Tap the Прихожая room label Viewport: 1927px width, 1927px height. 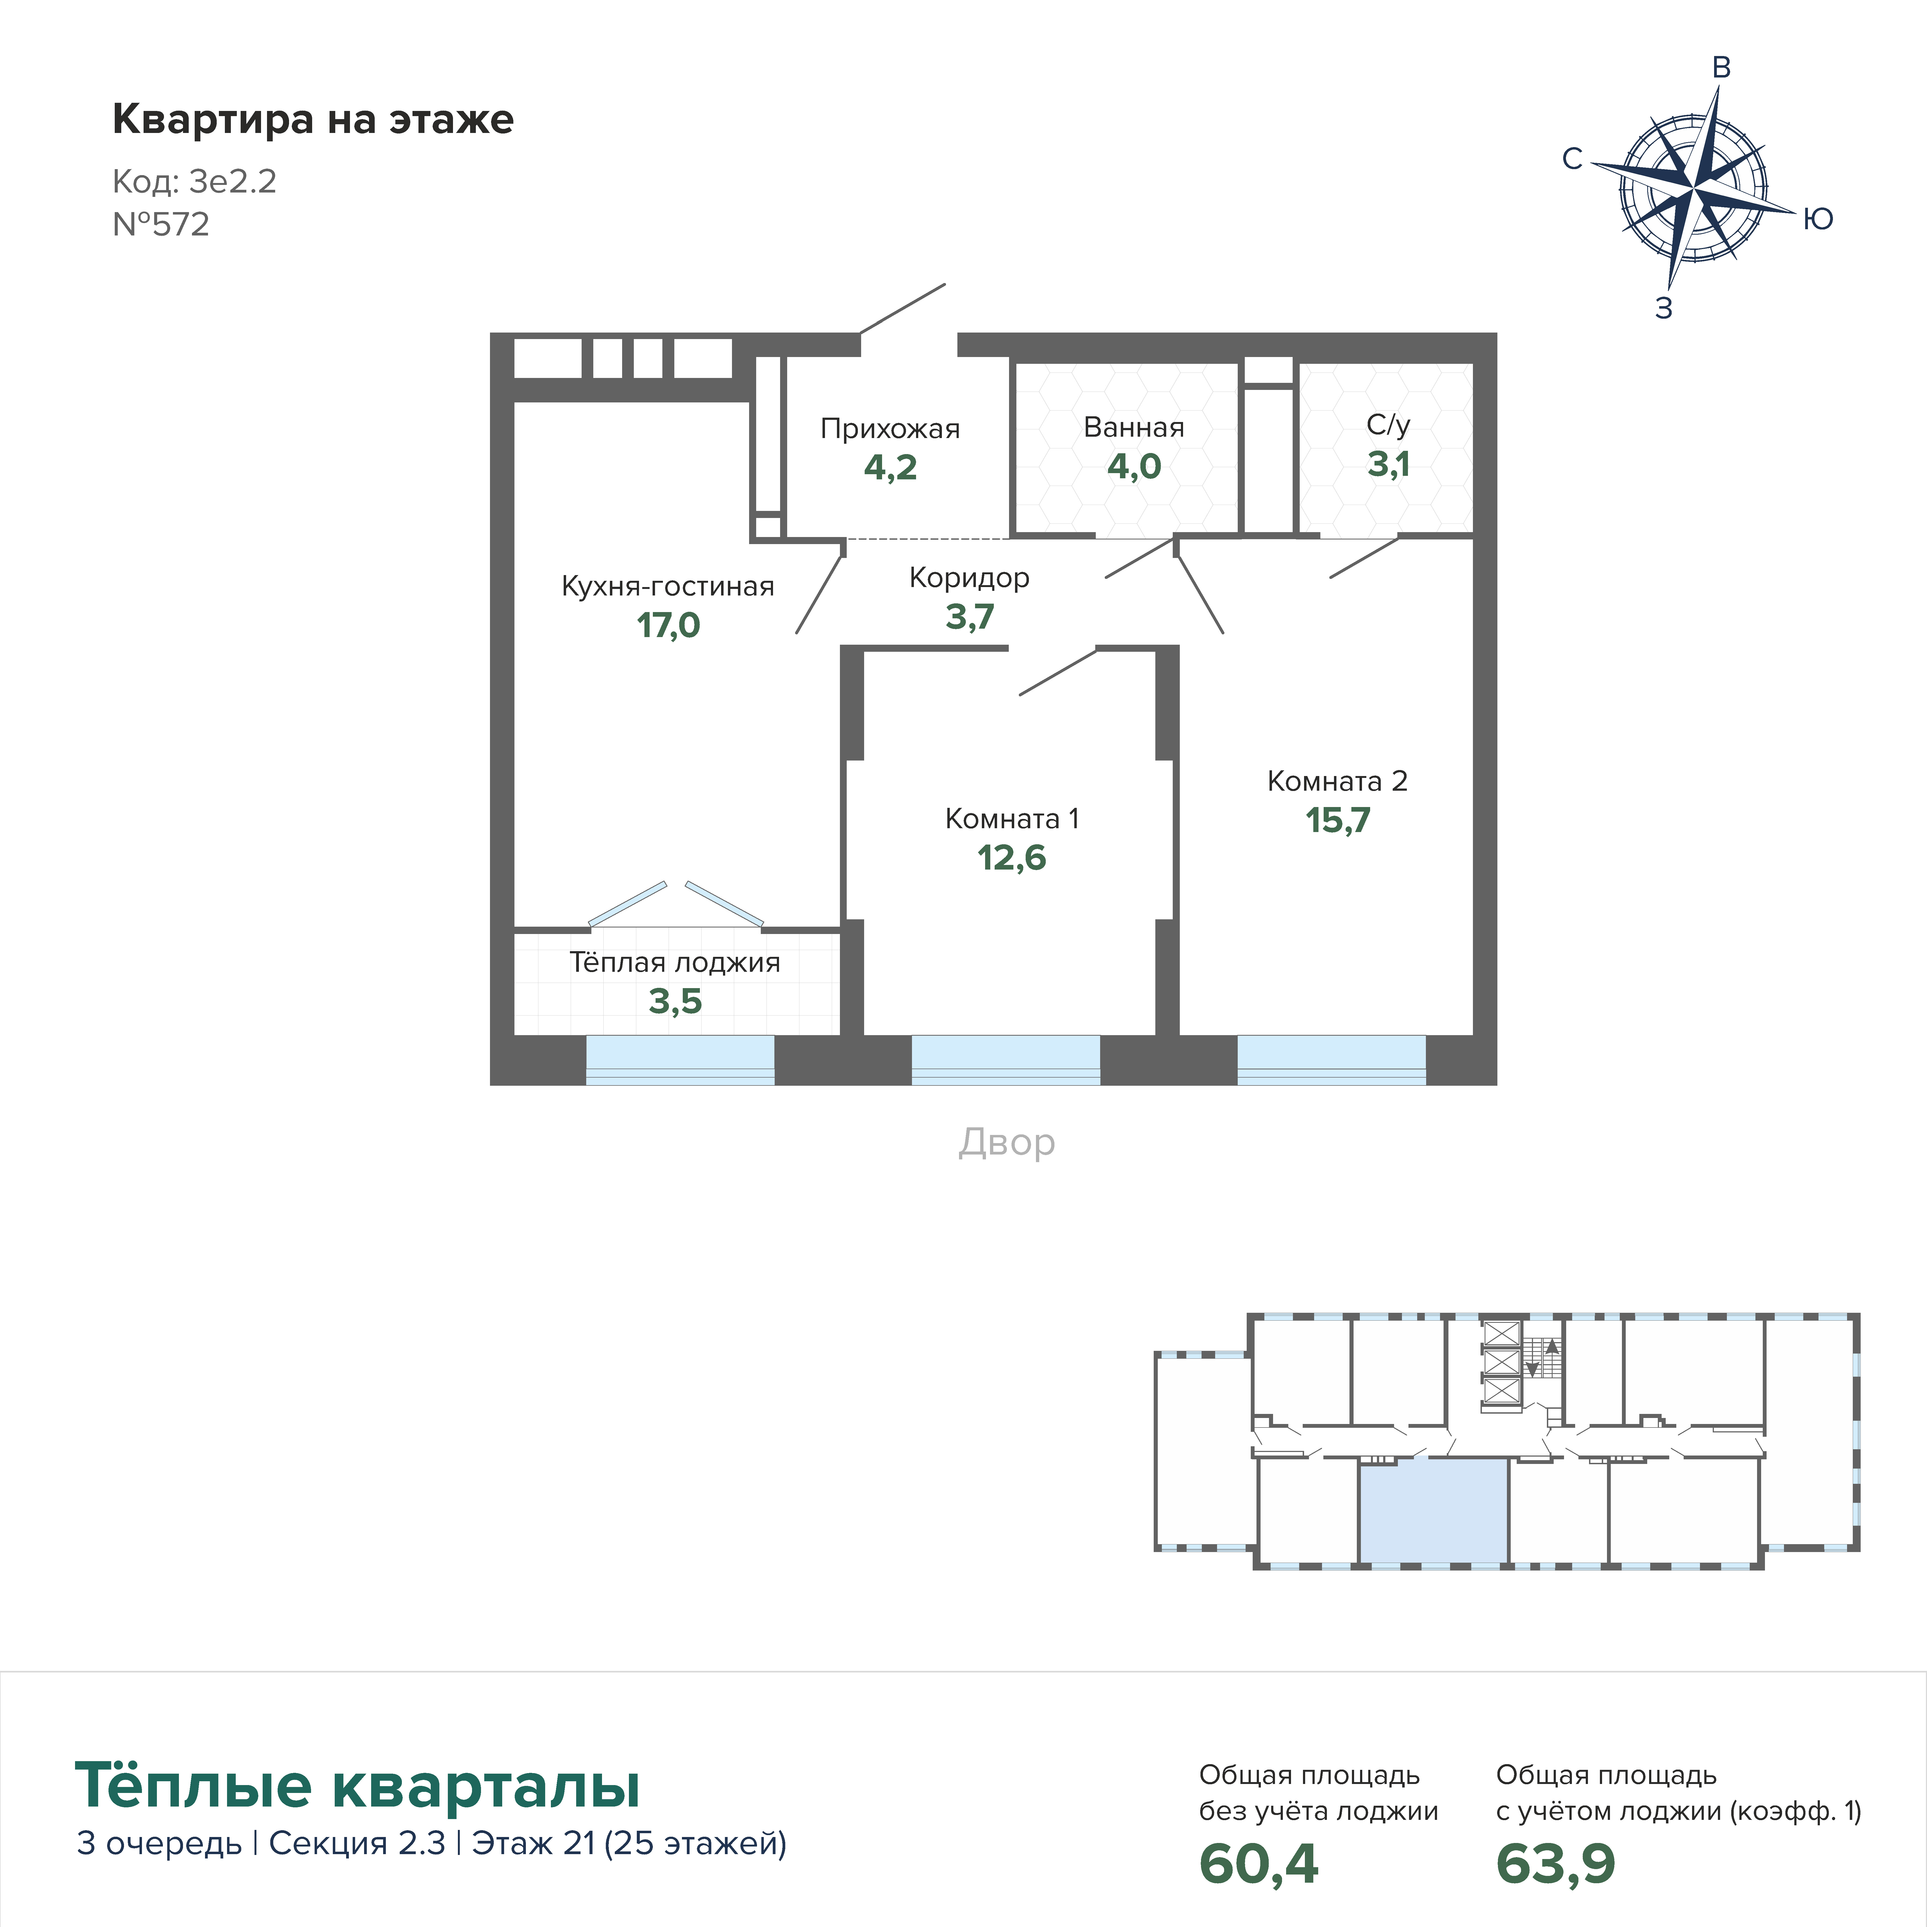(x=890, y=429)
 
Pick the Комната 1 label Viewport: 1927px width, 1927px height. (x=1011, y=819)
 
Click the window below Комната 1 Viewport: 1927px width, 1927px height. (x=1006, y=1060)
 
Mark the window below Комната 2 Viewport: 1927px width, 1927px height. (x=1332, y=1060)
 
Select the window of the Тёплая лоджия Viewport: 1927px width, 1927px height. (x=679, y=1060)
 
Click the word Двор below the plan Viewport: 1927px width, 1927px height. (x=1006, y=1142)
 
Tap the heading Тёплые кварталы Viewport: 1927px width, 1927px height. (x=357, y=1785)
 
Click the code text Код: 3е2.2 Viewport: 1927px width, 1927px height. (x=194, y=182)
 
